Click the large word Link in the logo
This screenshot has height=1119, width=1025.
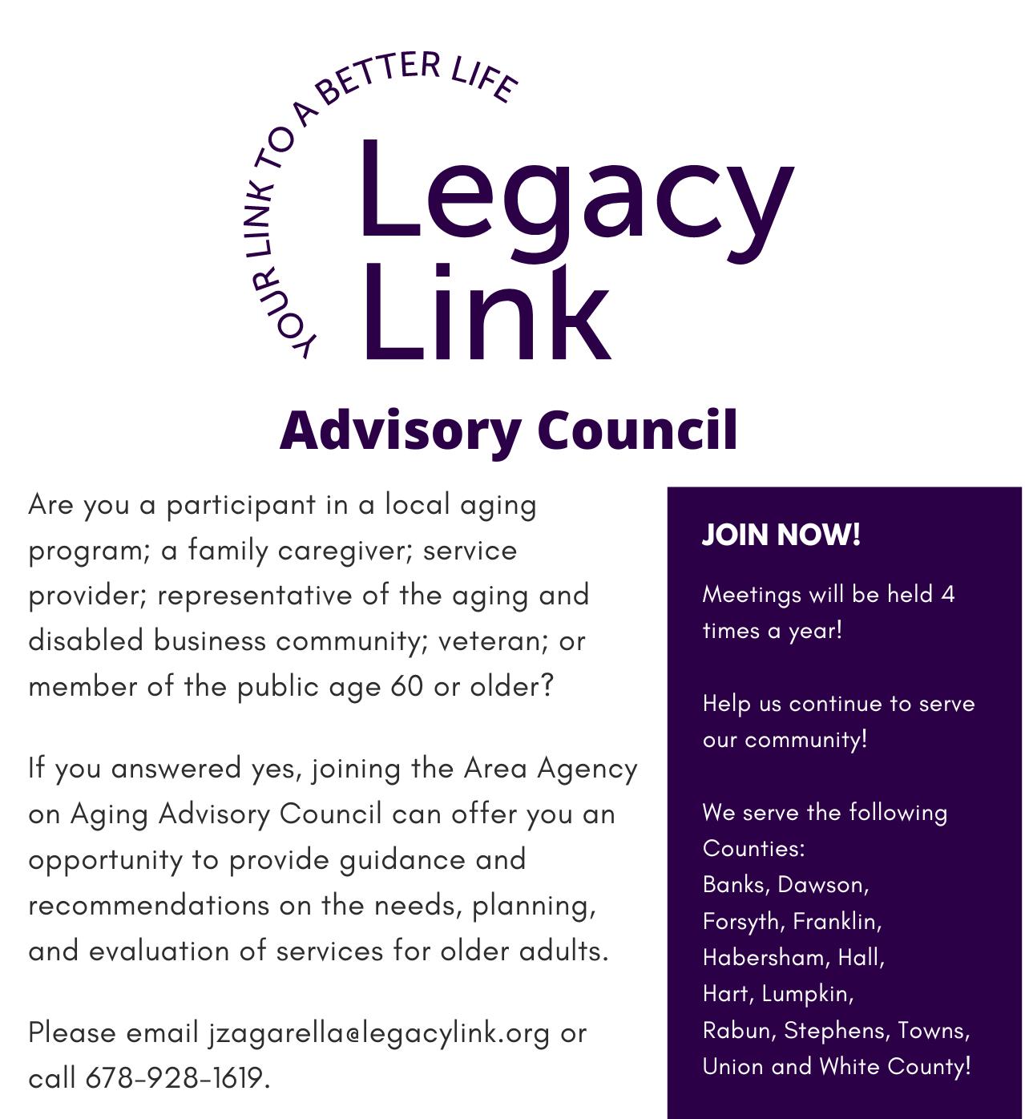tap(485, 313)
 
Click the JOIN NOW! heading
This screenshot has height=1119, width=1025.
tap(781, 535)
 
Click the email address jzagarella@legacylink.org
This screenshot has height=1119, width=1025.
tap(379, 1032)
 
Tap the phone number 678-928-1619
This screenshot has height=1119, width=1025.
tap(174, 1078)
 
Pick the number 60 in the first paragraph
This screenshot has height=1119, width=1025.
tap(407, 687)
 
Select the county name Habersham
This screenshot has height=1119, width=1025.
tap(765, 957)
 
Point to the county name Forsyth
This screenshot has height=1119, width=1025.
tap(741, 921)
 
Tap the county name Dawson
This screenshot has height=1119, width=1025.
tap(821, 884)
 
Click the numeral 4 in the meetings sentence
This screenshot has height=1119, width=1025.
tap(947, 594)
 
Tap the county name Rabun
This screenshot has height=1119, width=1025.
tap(736, 1030)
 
